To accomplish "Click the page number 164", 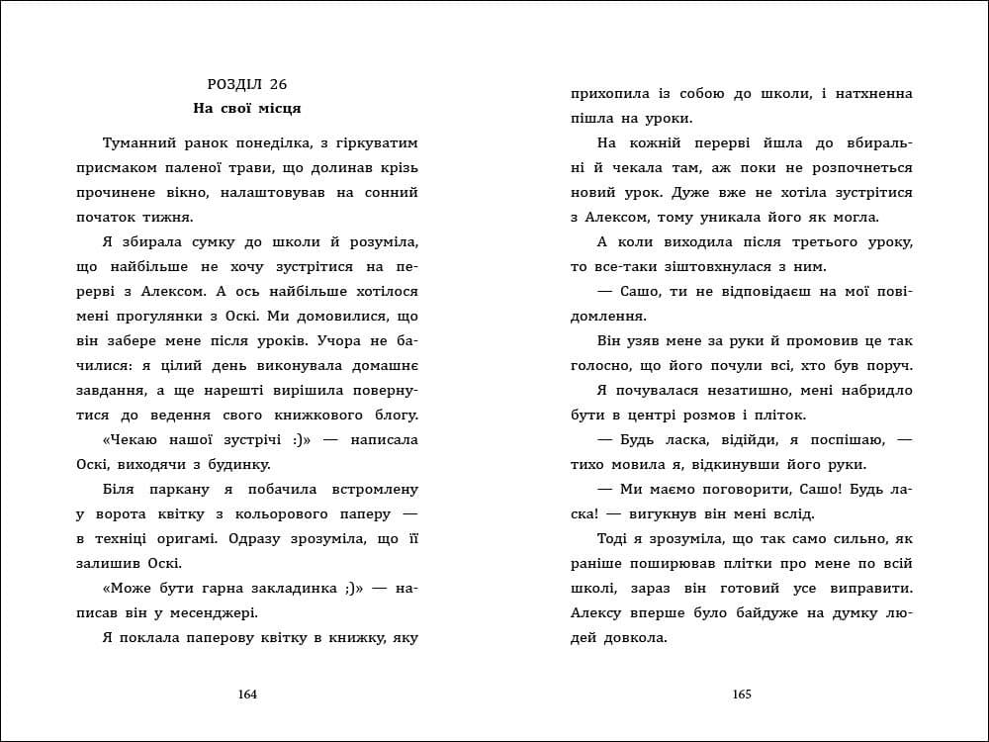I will (x=248, y=694).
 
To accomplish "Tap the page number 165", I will (x=742, y=694).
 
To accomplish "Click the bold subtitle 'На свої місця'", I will (x=247, y=108).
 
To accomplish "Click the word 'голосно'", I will (x=601, y=366).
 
